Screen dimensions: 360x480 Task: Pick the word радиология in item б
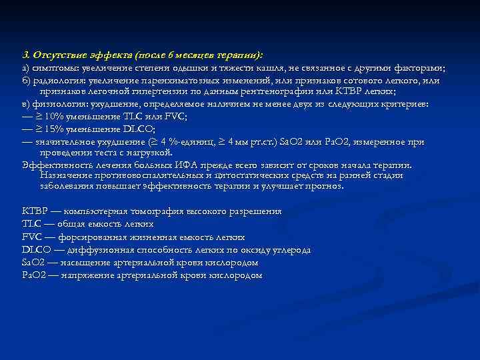[x=60, y=81]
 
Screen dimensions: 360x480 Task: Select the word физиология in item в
[x=59, y=105]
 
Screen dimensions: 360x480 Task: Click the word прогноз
[x=325, y=187]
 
